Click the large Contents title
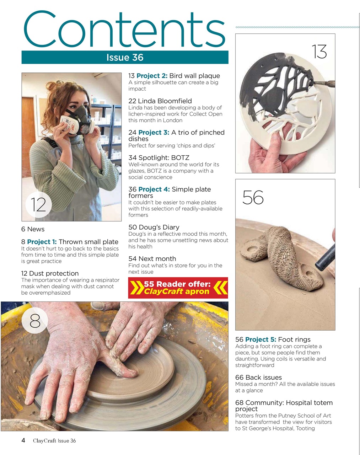point(124,29)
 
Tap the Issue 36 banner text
point(125,58)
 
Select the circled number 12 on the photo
point(38,204)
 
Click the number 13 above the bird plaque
point(319,52)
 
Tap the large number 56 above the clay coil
point(253,198)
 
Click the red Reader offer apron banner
point(178,288)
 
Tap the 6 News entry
point(33,229)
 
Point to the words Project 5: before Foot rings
point(260,339)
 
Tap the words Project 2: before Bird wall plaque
point(152,76)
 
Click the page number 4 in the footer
point(23,440)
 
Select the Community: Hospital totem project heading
point(284,406)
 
